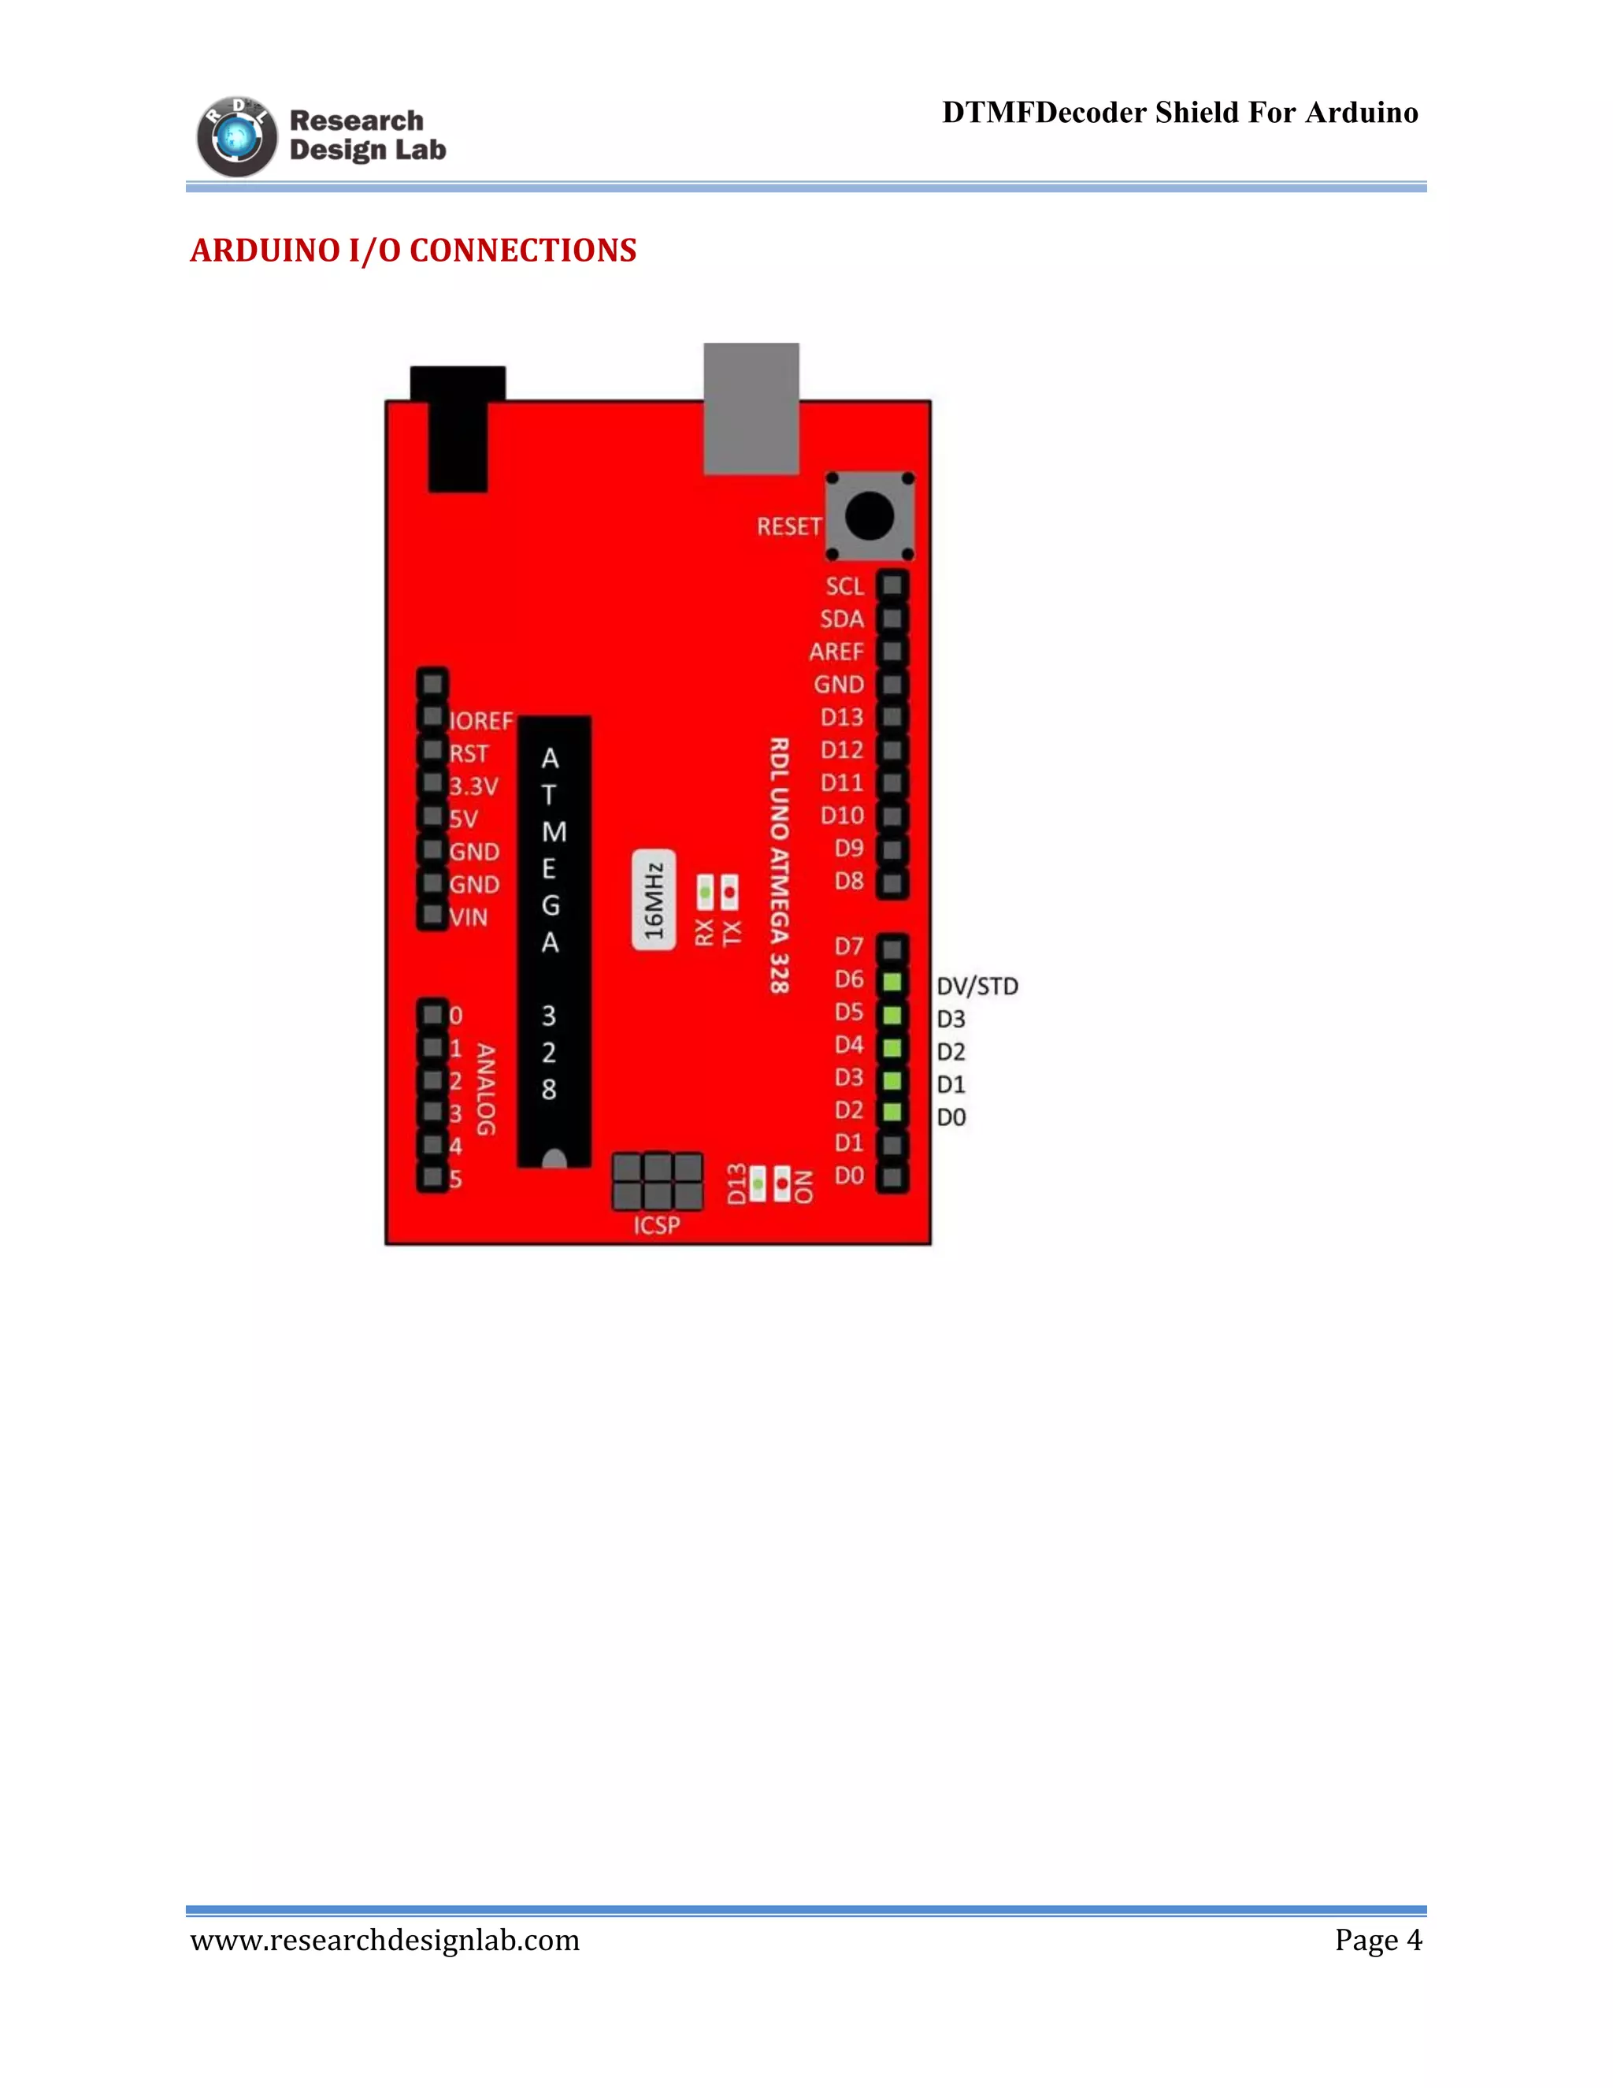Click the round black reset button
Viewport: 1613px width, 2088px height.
pos(869,515)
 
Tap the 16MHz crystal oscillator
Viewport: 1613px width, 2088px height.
pos(654,900)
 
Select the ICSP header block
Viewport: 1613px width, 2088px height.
pos(658,1182)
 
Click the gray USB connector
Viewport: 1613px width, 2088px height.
pos(751,408)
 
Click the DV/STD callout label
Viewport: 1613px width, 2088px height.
pos(977,986)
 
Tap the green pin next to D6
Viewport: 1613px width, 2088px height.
pos(892,982)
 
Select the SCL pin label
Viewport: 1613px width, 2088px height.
pos(845,586)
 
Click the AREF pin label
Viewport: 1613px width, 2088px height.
pos(836,652)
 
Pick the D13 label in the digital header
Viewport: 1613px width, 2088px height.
pos(842,717)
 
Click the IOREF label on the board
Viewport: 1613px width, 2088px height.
pos(480,721)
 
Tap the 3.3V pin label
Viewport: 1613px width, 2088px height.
pos(474,786)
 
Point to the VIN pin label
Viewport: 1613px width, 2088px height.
pos(469,918)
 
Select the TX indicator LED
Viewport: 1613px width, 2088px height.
pos(730,893)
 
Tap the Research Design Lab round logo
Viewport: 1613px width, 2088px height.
pos(236,137)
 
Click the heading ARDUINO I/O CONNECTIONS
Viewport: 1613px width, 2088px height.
pos(413,251)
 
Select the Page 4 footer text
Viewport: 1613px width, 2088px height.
pos(1378,1940)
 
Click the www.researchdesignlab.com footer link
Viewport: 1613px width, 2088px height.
pos(385,1940)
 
